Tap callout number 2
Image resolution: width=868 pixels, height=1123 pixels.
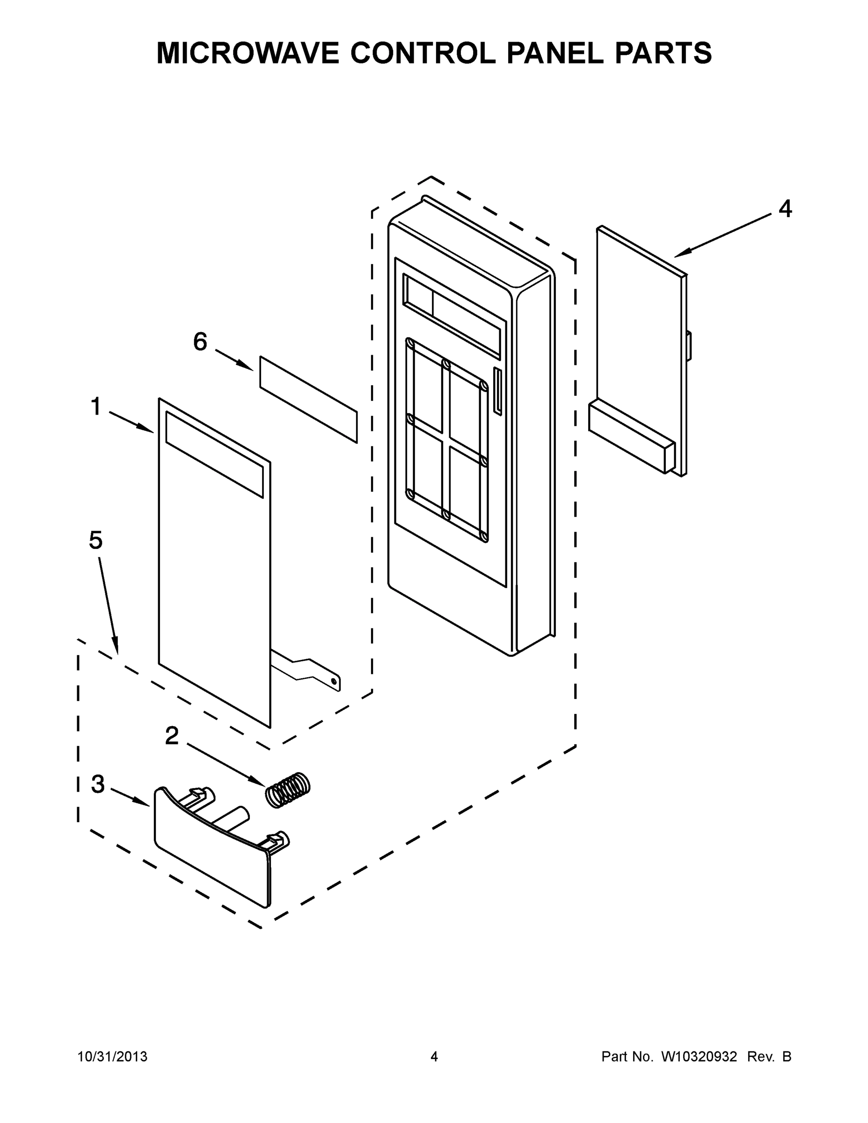pyautogui.click(x=172, y=736)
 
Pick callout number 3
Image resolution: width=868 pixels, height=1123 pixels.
pyautogui.click(x=98, y=784)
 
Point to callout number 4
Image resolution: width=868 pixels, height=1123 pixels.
pyautogui.click(x=785, y=209)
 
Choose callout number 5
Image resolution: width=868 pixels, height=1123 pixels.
pyautogui.click(x=95, y=540)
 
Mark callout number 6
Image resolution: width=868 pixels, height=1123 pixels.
pyautogui.click(x=200, y=342)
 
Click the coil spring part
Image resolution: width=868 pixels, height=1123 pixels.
pyautogui.click(x=287, y=790)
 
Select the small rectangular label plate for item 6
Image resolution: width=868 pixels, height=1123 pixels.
pyautogui.click(x=308, y=399)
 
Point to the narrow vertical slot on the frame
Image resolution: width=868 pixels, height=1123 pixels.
pyautogui.click(x=497, y=391)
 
